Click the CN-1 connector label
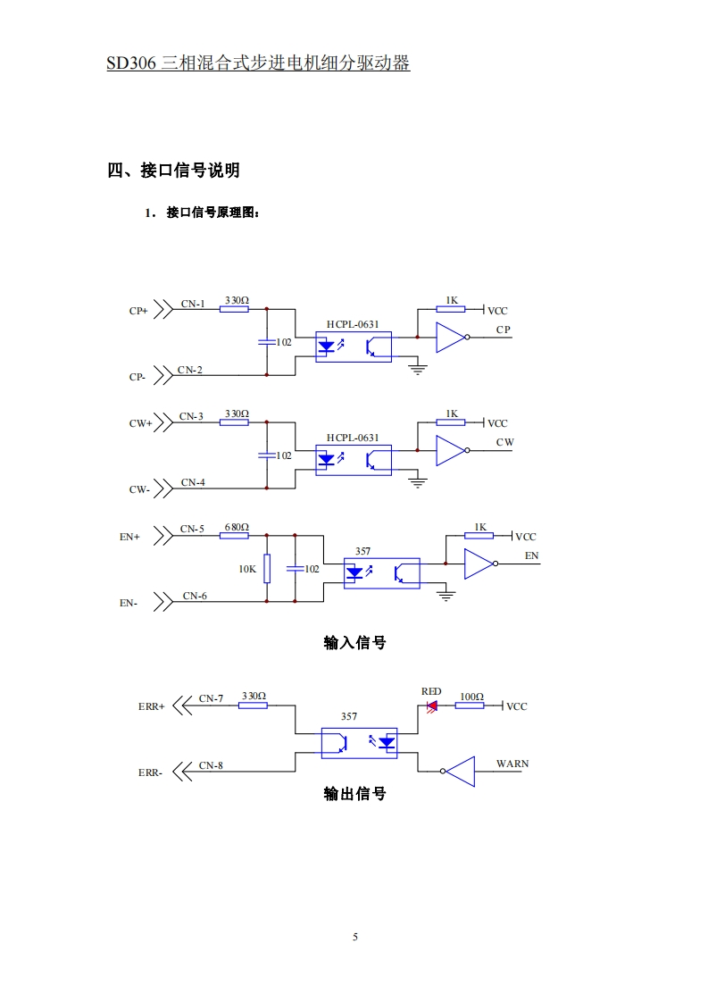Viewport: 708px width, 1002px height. pos(193,304)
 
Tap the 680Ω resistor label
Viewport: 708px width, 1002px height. pos(237,527)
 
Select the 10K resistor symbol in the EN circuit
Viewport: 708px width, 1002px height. pos(266,568)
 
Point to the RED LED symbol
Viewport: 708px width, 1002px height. pos(432,706)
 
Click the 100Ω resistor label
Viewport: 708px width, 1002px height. pos(471,696)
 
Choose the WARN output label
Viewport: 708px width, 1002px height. pos(512,764)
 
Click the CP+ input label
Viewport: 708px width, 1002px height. pos(138,312)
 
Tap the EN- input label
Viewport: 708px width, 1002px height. pos(129,604)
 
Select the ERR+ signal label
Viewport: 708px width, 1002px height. pos(151,706)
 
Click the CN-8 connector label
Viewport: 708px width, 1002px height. pos(212,765)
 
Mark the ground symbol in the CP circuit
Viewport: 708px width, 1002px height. pos(417,368)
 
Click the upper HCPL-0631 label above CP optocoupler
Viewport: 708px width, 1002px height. pos(353,325)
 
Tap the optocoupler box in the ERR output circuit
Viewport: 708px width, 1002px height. pos(359,743)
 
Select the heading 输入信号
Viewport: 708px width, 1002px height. pos(354,642)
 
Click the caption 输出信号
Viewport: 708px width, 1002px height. pos(354,794)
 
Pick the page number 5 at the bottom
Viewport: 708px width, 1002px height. pos(354,937)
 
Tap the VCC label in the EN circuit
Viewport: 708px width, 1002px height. pos(526,537)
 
